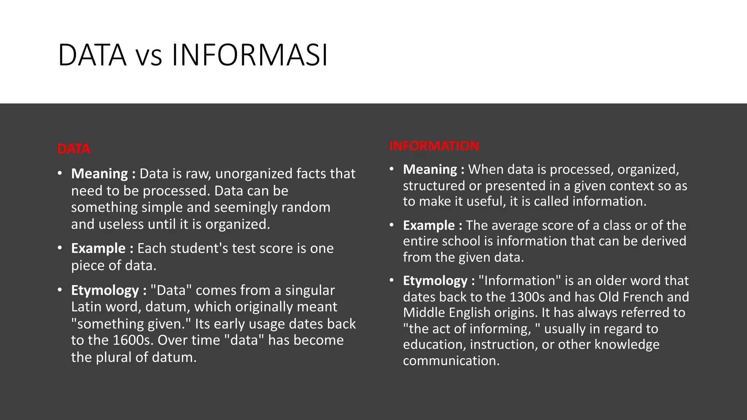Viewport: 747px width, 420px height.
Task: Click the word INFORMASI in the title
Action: (x=249, y=55)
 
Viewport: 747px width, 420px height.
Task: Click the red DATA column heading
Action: (x=73, y=149)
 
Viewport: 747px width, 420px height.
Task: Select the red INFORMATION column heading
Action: (x=434, y=146)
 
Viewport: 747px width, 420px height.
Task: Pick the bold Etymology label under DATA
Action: (x=105, y=290)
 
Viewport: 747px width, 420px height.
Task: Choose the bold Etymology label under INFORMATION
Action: (x=435, y=281)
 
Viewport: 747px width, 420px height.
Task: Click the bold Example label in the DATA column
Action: (x=98, y=248)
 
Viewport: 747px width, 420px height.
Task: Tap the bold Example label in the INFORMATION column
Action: (x=429, y=225)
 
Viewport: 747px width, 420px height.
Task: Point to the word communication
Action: (x=451, y=361)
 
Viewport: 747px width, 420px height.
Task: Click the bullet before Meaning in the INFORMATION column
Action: (x=391, y=169)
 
